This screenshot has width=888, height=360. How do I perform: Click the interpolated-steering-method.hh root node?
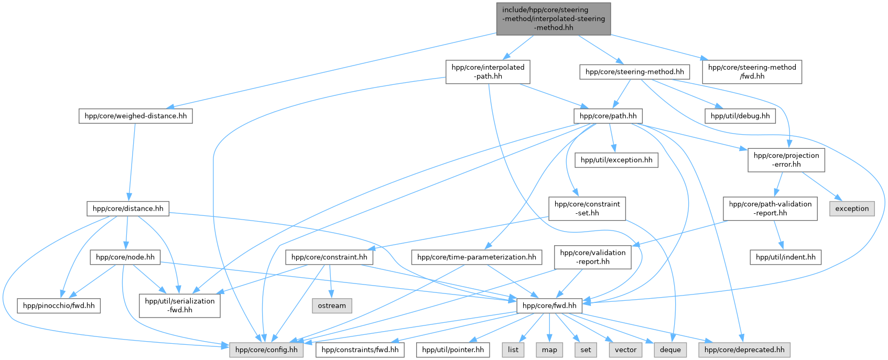coord(553,19)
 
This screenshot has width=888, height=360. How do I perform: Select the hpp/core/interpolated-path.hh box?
coord(488,72)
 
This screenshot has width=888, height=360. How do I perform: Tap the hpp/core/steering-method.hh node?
coord(634,72)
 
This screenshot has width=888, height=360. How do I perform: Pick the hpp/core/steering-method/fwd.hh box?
coord(752,72)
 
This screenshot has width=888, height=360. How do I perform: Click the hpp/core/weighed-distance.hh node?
coord(135,116)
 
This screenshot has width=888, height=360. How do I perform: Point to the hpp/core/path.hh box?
coord(608,116)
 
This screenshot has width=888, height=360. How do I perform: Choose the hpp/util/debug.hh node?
coord(740,116)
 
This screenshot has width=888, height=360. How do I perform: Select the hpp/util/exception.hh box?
coord(616,160)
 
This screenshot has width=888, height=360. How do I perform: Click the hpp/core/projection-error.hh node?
coord(786,160)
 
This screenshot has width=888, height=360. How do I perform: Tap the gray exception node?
coord(852,209)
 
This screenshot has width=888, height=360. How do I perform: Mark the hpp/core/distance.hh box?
coord(127,209)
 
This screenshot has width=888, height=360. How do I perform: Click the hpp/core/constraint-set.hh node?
coord(587,209)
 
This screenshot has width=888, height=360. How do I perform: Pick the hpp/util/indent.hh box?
coord(785,257)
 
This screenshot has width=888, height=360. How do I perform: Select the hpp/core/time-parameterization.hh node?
coord(477,257)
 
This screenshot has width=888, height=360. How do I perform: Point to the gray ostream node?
coord(332,306)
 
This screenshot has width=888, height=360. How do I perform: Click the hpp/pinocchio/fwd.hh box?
coord(59,306)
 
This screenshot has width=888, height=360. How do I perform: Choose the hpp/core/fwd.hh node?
coord(549,306)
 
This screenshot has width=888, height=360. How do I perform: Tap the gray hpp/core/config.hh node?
coord(266,350)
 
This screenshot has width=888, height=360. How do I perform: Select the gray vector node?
coord(625,350)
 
